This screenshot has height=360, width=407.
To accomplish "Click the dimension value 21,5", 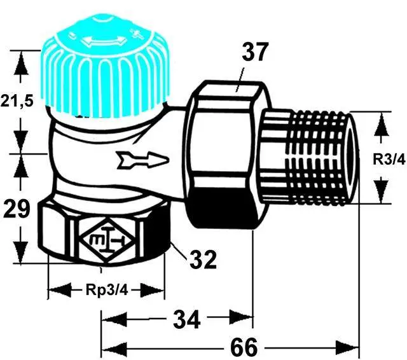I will [17, 102].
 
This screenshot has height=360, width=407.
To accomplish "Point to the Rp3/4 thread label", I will [106, 291].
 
